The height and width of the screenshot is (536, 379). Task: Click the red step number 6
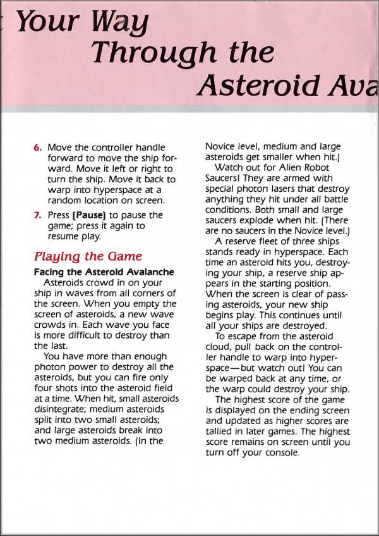click(x=38, y=147)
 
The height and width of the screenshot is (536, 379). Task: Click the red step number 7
click(x=38, y=215)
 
